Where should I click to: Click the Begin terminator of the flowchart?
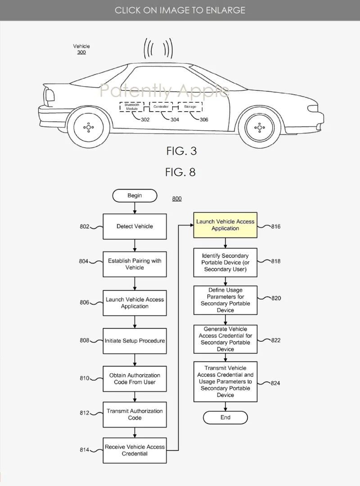point(135,196)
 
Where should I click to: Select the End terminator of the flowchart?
point(225,417)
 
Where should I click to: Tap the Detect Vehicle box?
point(135,226)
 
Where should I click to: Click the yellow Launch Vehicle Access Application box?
point(225,225)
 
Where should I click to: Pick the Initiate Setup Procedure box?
point(135,341)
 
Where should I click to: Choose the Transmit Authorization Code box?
point(135,414)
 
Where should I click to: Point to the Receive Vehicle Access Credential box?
point(135,450)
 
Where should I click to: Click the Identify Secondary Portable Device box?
point(225,263)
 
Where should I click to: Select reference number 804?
point(84,261)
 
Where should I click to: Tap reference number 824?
point(275,383)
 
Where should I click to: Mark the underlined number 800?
point(177,199)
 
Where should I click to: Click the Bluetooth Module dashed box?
point(131,107)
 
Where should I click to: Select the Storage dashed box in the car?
point(190,107)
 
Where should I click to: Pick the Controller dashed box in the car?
point(161,107)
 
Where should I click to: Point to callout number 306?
point(204,120)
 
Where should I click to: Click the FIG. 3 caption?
point(181,151)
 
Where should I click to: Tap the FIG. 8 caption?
point(180,172)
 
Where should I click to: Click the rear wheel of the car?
point(89,127)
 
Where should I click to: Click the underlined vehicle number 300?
point(81,53)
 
